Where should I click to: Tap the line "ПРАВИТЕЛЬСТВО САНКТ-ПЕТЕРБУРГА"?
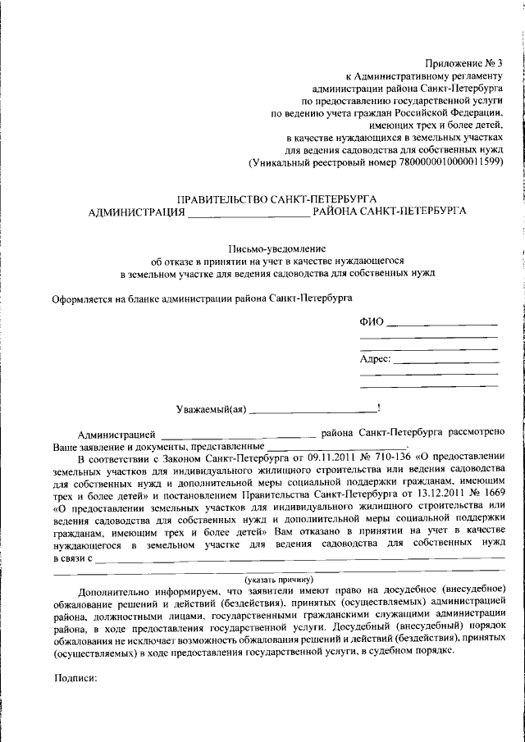pos(277,199)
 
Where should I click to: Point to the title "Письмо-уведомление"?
pos(276,248)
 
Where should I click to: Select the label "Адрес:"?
pos(375,359)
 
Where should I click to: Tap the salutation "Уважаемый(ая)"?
pos(211,407)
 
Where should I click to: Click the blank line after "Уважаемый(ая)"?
pos(312,407)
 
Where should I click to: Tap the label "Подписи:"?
pos(75,678)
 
